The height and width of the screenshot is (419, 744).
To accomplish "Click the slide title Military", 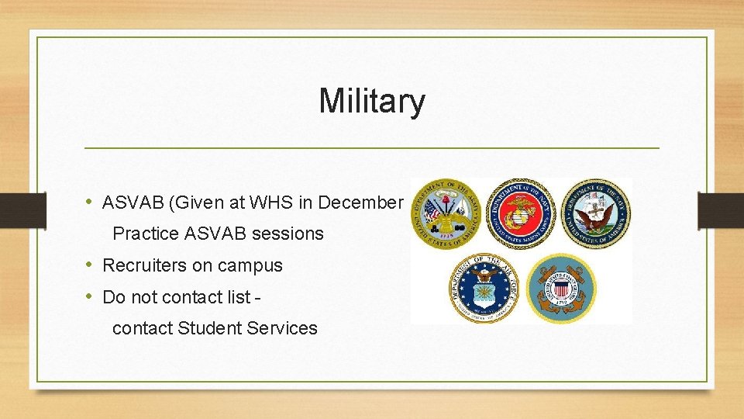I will [372, 101].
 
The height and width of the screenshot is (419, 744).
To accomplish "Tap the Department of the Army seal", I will [446, 213].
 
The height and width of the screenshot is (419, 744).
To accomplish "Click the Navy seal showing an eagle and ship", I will [596, 213].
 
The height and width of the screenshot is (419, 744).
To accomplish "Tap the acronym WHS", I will [250, 203].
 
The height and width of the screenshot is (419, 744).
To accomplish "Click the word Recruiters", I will [145, 265].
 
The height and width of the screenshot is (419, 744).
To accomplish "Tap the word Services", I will [282, 328].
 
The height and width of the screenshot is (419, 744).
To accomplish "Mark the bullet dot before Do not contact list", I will [91, 296].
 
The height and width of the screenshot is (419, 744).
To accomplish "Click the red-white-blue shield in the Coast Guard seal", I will [561, 289].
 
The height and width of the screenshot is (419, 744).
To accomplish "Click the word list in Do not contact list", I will [242, 296].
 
